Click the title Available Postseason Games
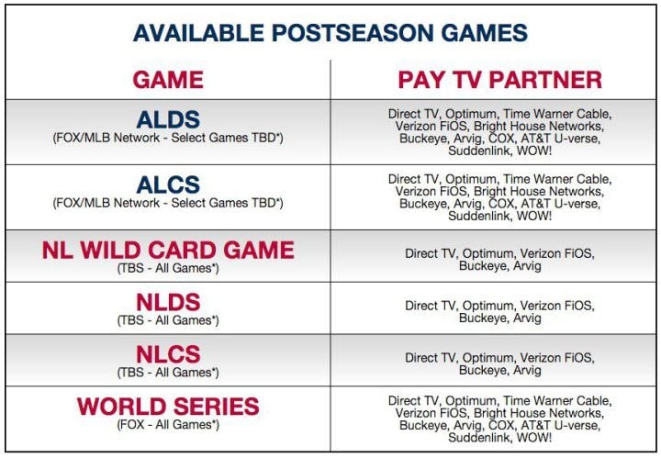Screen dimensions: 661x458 tap(330, 33)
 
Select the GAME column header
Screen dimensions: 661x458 tap(168, 80)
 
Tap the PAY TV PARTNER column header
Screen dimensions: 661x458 tap(500, 80)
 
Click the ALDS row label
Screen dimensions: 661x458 tap(168, 119)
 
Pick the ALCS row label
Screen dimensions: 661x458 tap(168, 184)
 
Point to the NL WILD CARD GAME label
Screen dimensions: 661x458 tap(168, 250)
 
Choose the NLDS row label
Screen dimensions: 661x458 tap(168, 302)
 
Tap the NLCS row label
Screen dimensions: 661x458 tap(168, 354)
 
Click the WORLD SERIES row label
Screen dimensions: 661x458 tap(168, 407)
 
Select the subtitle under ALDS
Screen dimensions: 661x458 tap(168, 138)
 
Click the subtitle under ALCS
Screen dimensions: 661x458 tap(168, 203)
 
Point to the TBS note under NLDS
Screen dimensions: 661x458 tap(168, 320)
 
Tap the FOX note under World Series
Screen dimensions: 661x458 tap(168, 424)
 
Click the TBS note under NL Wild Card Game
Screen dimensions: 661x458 tap(168, 268)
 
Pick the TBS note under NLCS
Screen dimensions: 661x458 tap(168, 373)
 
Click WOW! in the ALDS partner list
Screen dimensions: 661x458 tap(534, 151)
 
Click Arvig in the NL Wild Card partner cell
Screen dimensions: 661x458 tap(527, 266)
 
